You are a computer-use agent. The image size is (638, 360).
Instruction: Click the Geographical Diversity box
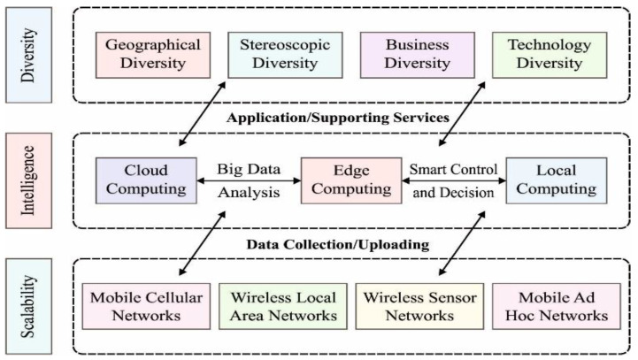pyautogui.click(x=153, y=54)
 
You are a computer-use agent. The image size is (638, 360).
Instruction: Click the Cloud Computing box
pyautogui.click(x=146, y=180)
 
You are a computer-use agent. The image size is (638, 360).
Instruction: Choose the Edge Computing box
pyautogui.click(x=345, y=180)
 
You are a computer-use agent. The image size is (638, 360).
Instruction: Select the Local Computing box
pyautogui.click(x=557, y=180)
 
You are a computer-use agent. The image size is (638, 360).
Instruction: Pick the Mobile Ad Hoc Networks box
pyautogui.click(x=550, y=306)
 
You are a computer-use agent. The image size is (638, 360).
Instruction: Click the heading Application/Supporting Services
pyautogui.click(x=338, y=117)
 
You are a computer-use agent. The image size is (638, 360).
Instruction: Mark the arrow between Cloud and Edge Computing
pyautogui.click(x=244, y=181)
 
